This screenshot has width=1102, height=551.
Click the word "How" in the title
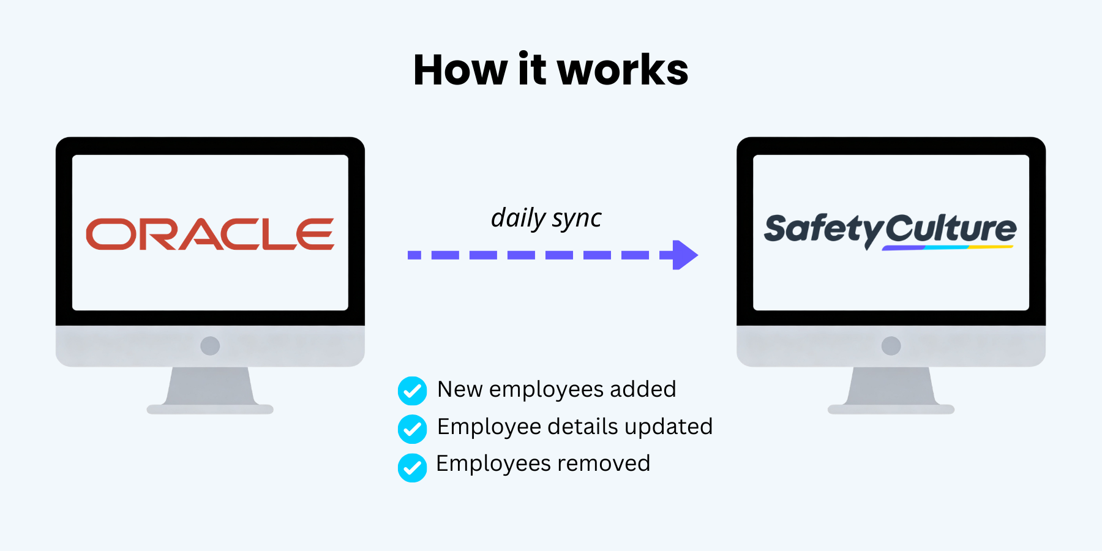[x=460, y=70]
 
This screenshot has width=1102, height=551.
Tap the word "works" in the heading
[x=623, y=70]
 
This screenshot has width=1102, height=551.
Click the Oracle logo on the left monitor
[x=210, y=234]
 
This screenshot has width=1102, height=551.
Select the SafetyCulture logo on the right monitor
[x=890, y=231]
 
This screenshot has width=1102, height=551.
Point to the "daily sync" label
[x=546, y=218]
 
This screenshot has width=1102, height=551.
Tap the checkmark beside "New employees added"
[x=413, y=391]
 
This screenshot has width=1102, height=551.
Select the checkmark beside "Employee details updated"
[x=413, y=429]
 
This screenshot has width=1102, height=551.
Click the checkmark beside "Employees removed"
[x=413, y=468]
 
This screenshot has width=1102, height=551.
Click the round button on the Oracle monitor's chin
[x=210, y=346]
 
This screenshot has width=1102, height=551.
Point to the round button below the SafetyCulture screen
[x=891, y=346]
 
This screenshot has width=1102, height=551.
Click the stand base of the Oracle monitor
[x=210, y=409]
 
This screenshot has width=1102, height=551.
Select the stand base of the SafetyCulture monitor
[x=891, y=409]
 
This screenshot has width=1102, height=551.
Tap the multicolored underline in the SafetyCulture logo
[x=948, y=248]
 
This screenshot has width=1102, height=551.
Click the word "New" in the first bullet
[x=460, y=389]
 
